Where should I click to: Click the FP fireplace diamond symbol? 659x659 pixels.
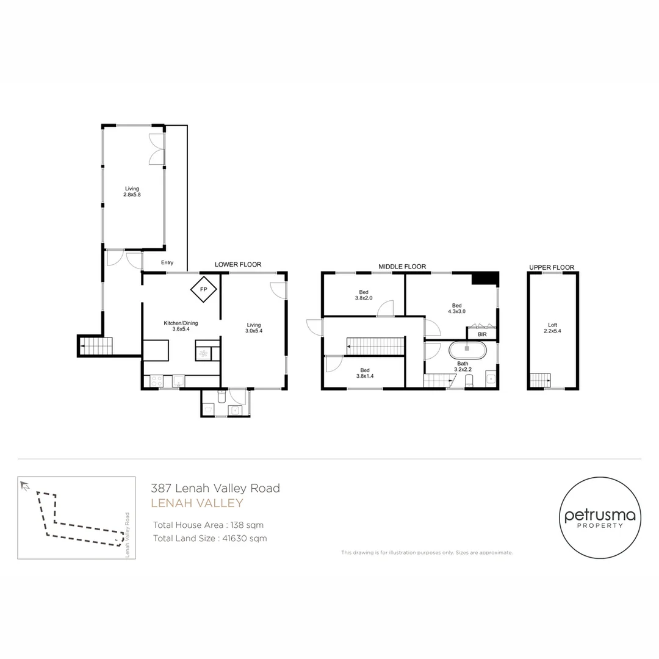point(203,289)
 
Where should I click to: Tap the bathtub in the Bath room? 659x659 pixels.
point(467,350)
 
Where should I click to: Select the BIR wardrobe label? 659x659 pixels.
point(482,334)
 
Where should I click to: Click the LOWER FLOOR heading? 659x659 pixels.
point(238,264)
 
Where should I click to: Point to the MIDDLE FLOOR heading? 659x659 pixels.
point(402,267)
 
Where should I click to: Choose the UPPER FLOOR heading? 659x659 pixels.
point(552,267)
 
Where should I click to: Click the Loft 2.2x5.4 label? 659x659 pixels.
point(552,328)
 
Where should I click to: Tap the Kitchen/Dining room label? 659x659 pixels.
point(181,326)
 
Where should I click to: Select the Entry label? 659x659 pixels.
point(167,262)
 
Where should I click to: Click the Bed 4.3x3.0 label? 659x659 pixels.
point(456,309)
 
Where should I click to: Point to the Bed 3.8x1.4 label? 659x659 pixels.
point(365,373)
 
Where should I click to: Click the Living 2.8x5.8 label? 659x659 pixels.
point(132,192)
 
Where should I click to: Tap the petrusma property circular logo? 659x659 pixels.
point(600,518)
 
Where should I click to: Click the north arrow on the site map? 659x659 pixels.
point(25,486)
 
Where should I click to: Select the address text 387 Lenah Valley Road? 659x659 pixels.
point(215,488)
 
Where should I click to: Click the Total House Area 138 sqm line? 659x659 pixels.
point(208,525)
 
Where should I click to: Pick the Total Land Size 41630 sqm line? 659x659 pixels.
point(210,538)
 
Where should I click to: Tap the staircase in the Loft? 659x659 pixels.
point(540,380)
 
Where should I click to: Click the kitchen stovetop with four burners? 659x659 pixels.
point(157,381)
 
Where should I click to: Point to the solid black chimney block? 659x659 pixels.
point(484,279)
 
